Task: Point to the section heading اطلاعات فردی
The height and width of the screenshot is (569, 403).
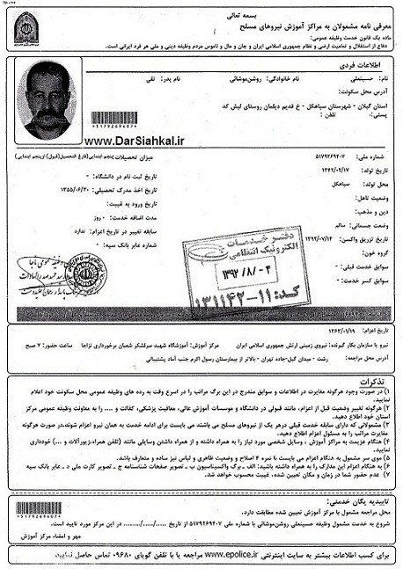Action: [x=369, y=66]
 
